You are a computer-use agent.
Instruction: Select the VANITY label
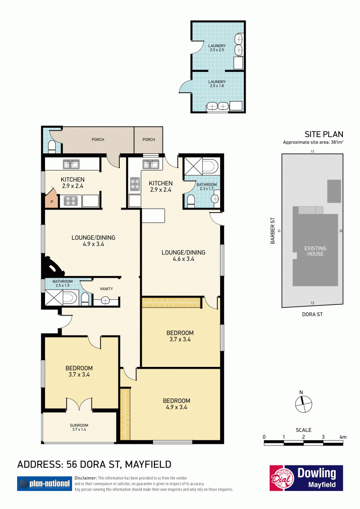tap(107, 289)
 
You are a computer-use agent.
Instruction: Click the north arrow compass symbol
tap(303, 403)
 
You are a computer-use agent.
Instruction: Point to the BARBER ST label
tap(273, 231)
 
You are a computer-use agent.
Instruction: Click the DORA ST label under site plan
tap(312, 314)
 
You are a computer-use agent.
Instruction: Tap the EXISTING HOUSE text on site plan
tap(315, 251)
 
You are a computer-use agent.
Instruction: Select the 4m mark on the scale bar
tap(343, 437)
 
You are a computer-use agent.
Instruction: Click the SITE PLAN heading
tap(324, 134)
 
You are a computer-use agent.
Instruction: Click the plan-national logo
tap(44, 484)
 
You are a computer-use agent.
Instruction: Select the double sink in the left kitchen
tap(71, 164)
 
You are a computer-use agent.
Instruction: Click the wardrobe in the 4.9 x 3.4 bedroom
tap(125, 414)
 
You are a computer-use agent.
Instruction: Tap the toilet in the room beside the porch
tap(52, 146)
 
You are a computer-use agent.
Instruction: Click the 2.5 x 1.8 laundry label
tap(217, 84)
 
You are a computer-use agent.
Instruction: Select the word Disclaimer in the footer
tap(86, 478)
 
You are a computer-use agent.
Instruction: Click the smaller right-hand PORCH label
tap(149, 139)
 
